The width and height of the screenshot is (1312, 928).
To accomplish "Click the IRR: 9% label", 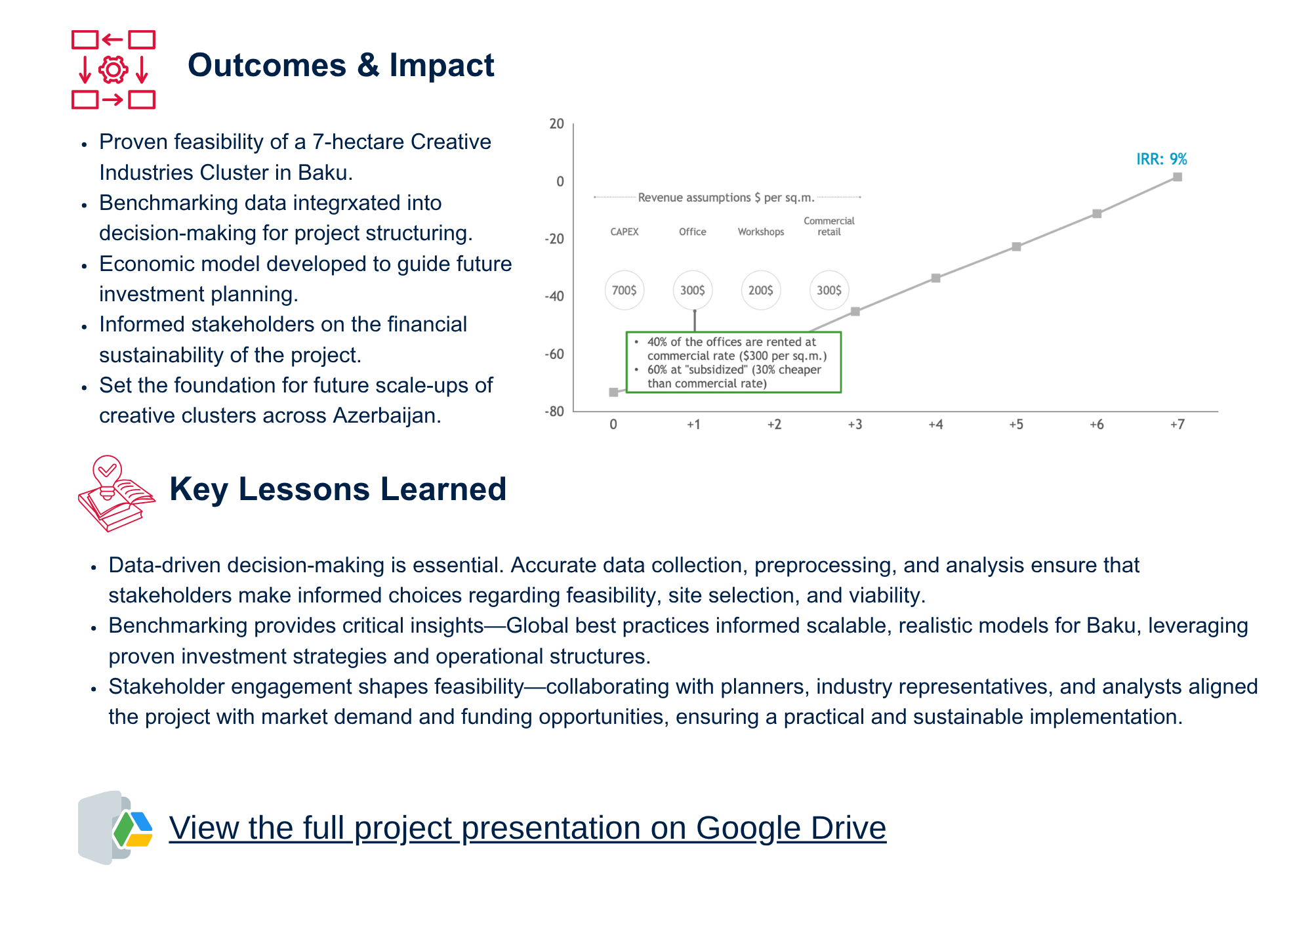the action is click(x=1161, y=159).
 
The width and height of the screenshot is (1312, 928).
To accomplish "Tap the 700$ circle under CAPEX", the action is click(x=624, y=290).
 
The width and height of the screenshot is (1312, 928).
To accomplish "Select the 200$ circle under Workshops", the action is click(x=761, y=290).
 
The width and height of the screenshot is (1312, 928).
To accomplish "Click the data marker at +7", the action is click(x=1178, y=177).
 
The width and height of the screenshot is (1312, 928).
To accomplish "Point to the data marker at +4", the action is click(x=936, y=278).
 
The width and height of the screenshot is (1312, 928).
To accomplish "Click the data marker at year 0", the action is click(x=613, y=392).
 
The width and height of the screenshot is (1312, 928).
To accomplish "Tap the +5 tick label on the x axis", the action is click(x=1016, y=425).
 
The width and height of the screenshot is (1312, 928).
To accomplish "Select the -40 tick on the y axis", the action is click(x=554, y=296).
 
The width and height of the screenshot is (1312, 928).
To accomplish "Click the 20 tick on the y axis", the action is click(x=557, y=123).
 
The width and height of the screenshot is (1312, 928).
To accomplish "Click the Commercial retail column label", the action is click(x=829, y=226).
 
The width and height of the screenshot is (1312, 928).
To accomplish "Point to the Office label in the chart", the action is click(x=693, y=232).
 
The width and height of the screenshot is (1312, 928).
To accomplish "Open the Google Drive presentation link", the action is click(x=527, y=828).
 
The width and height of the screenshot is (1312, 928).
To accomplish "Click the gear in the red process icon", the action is click(x=113, y=70).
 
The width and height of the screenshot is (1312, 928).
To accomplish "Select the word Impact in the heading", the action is click(x=441, y=66).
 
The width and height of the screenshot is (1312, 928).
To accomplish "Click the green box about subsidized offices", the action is click(x=733, y=362).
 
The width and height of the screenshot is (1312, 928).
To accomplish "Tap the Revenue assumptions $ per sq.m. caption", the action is click(x=726, y=198).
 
